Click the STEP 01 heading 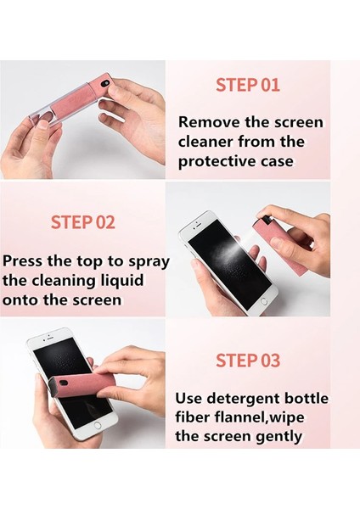tap(248, 85)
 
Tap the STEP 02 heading tap(83, 222)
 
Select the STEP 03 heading tap(248, 361)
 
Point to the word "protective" tap(217, 161)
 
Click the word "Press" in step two tap(22, 260)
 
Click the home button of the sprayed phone tap(264, 301)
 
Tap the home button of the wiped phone tap(97, 425)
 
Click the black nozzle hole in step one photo tap(104, 83)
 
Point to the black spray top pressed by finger tap(264, 219)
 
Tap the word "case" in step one tap(277, 161)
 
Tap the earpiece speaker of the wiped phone tap(49, 338)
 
